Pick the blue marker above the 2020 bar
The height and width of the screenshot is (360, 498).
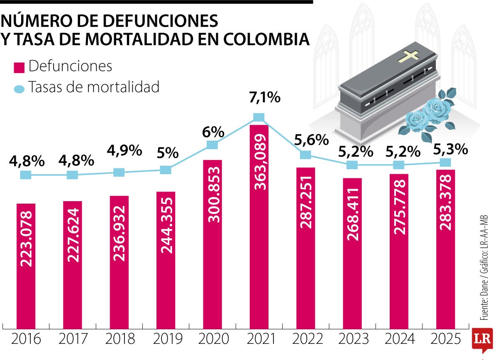(212, 145)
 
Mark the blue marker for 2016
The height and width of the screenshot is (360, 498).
(26, 175)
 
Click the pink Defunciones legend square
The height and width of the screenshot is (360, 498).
(20, 67)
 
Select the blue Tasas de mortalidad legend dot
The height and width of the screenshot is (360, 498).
(20, 89)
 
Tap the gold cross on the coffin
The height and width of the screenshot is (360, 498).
(410, 56)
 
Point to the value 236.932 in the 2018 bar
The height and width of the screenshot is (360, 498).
(120, 233)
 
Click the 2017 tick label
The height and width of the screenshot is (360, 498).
(73, 339)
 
